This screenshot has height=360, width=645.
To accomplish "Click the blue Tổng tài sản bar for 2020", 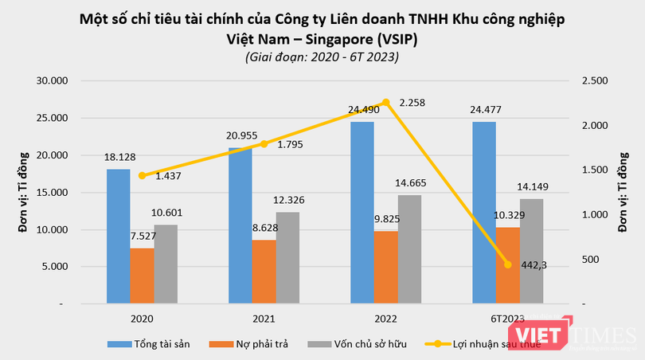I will [118, 236].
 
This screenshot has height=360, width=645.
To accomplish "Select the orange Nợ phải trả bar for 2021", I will [264, 272].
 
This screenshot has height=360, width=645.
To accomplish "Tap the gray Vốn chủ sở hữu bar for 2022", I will [410, 249].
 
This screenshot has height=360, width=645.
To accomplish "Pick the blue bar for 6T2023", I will [483, 213].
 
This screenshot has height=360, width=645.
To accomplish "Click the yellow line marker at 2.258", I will [386, 102].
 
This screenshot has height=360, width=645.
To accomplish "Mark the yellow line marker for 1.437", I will [143, 176].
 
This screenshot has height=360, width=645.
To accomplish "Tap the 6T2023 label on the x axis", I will [507, 319].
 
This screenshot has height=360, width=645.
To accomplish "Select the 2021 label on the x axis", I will [264, 319].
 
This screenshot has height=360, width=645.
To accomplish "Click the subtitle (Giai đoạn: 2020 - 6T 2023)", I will [322, 57].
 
